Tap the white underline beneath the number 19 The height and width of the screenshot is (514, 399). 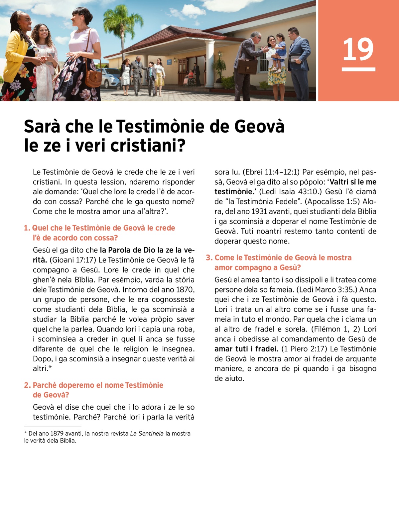pyautogui.click(x=358, y=69)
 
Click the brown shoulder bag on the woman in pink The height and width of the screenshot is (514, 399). pyautogui.click(x=93, y=77)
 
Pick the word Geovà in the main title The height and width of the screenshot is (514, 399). pyautogui.click(x=259, y=127)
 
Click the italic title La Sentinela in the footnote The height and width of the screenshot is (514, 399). pyautogui.click(x=147, y=433)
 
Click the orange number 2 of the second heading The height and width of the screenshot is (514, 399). pyautogui.click(x=27, y=385)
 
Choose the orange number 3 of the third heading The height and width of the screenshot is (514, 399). pyautogui.click(x=208, y=257)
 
